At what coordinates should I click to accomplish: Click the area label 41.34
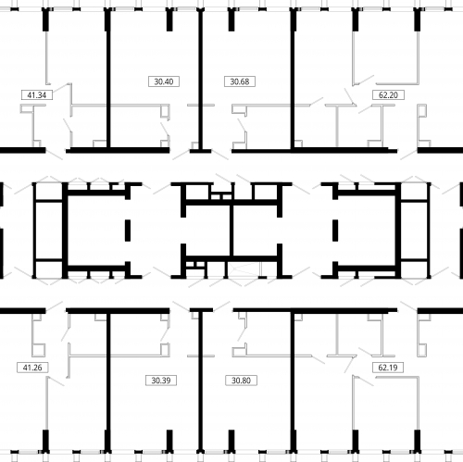pos(37,94)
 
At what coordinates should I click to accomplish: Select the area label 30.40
pos(164,81)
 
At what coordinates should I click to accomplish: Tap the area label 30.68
pos(240,81)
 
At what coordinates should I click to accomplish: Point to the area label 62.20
pos(388,94)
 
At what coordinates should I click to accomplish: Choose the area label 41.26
pos(32,368)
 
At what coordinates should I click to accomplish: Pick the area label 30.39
pos(161,381)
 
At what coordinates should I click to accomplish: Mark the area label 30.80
pos(241,381)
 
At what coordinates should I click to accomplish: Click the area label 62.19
pos(388,368)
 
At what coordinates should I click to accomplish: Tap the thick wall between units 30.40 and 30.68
pos(201,81)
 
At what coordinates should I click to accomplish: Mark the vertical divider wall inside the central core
pos(231,230)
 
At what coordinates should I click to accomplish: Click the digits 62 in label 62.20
pos(382,95)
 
